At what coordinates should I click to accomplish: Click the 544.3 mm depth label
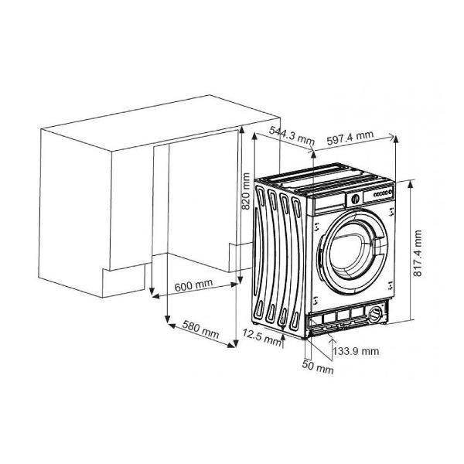point(292,135)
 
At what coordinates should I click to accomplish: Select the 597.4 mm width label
point(350,137)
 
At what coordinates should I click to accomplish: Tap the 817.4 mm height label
point(418,253)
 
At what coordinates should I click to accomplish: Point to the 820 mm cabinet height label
point(246,191)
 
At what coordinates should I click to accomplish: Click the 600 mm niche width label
point(193,285)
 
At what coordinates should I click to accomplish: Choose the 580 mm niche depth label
point(200,329)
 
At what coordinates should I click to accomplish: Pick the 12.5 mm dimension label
point(261,337)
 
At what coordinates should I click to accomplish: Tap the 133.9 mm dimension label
point(356,351)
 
